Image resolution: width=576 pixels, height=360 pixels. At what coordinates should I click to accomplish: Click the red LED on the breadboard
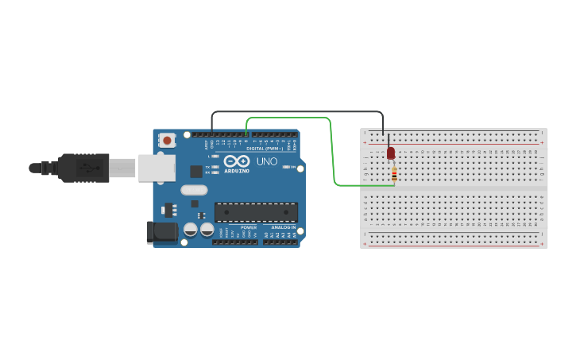click(x=391, y=153)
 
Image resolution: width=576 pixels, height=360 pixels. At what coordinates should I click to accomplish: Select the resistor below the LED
click(x=394, y=173)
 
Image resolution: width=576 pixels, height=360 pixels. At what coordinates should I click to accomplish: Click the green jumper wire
click(x=332, y=151)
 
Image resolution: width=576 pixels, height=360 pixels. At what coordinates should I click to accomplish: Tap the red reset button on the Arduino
click(x=167, y=141)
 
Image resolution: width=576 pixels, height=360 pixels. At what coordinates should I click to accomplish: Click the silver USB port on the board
click(x=157, y=168)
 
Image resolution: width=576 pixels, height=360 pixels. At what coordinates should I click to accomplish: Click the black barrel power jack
click(x=161, y=231)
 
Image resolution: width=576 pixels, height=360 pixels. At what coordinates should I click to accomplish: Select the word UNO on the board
click(x=267, y=161)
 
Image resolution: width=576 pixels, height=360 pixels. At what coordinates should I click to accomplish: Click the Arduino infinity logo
click(x=237, y=161)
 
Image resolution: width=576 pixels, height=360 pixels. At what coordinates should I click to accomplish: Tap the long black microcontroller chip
click(x=256, y=212)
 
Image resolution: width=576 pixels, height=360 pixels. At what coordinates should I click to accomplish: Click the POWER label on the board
click(x=249, y=227)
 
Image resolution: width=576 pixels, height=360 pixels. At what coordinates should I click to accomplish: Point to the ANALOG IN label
click(x=282, y=227)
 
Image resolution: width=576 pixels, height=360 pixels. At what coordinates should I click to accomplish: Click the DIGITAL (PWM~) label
click(x=265, y=149)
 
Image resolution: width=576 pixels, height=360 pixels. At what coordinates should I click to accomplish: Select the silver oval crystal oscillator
click(x=194, y=190)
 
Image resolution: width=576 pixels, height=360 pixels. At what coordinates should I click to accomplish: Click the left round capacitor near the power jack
click(x=191, y=230)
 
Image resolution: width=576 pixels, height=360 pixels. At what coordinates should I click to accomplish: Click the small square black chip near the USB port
click(x=195, y=171)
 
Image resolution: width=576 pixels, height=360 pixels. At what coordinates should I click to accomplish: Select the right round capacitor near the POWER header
click(x=207, y=230)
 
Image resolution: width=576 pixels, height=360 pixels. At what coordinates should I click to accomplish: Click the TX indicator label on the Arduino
click(x=207, y=166)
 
